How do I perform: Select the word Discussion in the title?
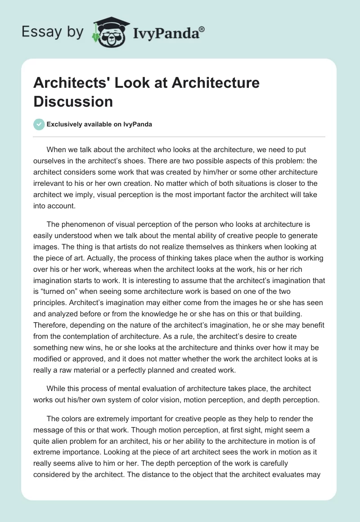pos(73,101)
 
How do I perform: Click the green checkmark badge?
pos(39,124)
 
